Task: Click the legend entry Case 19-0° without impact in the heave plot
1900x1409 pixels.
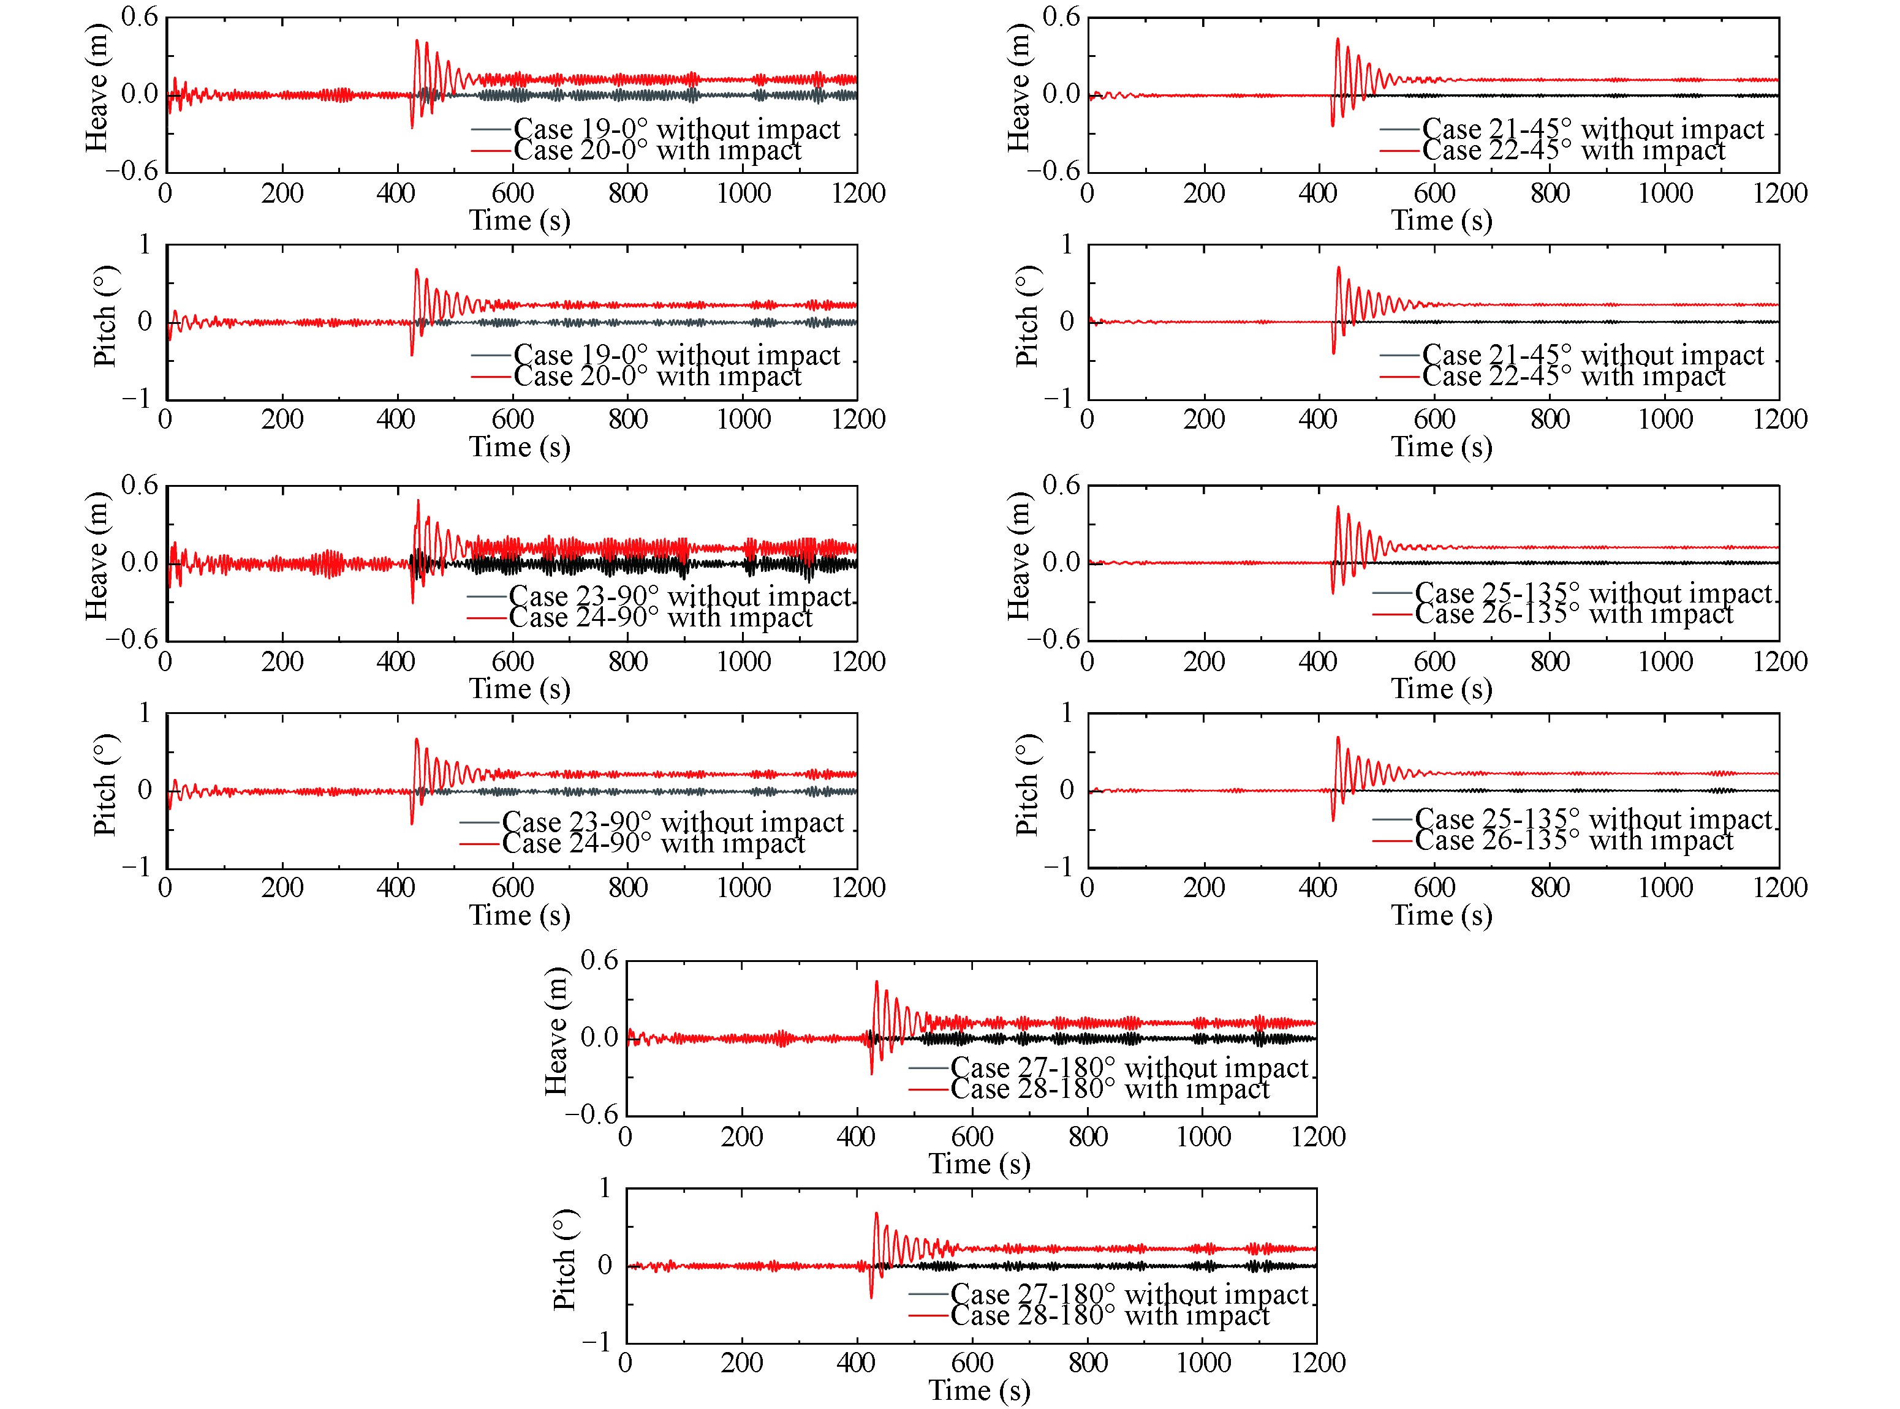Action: click(x=676, y=130)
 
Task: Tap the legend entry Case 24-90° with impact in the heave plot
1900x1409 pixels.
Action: click(x=659, y=617)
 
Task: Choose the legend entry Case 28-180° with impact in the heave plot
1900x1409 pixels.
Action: click(x=1109, y=1089)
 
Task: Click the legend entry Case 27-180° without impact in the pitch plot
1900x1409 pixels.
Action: click(x=1128, y=1294)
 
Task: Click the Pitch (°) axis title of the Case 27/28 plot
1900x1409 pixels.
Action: click(x=564, y=1259)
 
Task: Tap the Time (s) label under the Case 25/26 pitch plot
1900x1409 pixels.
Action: click(x=1441, y=915)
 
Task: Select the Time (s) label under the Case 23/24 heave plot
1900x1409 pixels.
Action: click(x=520, y=689)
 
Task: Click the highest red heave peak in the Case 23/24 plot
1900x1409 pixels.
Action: click(x=418, y=501)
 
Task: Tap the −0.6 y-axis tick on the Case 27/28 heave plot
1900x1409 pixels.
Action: click(x=598, y=1114)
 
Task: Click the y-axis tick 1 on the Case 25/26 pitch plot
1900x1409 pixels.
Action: click(x=1067, y=712)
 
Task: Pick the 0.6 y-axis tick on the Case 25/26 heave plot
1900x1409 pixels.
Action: click(x=1061, y=486)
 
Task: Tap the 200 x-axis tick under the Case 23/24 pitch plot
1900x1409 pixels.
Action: click(x=282, y=888)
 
